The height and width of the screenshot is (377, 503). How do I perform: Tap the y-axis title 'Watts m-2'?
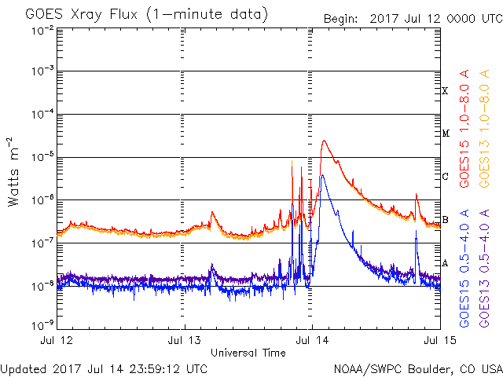(x=13, y=171)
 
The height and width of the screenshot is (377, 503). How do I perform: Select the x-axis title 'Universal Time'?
(x=248, y=353)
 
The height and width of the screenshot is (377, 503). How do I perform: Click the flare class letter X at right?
(x=445, y=91)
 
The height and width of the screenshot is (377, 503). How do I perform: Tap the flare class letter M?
(x=445, y=134)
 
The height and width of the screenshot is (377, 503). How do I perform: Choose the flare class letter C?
(x=445, y=176)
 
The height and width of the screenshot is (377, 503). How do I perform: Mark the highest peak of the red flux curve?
(x=324, y=141)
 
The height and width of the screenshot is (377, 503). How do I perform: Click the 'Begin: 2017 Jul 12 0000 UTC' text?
(x=411, y=17)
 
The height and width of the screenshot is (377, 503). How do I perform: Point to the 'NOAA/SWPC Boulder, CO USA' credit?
(x=417, y=368)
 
